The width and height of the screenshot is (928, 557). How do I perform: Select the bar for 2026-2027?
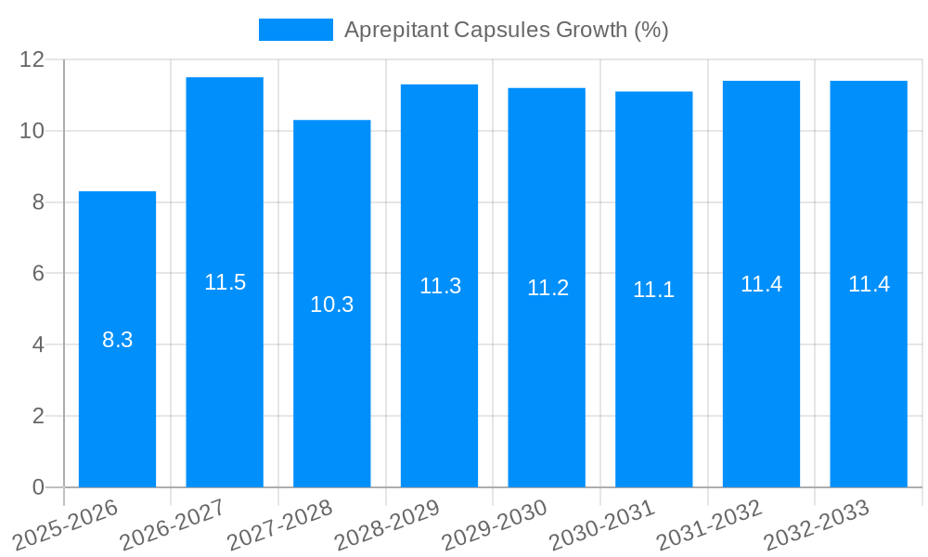click(x=225, y=371)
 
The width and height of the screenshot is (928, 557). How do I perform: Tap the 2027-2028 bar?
click(x=332, y=390)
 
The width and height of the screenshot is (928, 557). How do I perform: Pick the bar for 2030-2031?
click(x=654, y=371)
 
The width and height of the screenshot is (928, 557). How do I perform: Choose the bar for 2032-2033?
click(x=869, y=371)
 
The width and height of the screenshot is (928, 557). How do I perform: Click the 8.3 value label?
click(x=118, y=340)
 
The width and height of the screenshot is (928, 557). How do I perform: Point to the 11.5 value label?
click(x=225, y=282)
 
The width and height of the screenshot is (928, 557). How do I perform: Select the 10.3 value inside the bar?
click(x=332, y=304)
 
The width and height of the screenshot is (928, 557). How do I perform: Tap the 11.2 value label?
click(x=548, y=288)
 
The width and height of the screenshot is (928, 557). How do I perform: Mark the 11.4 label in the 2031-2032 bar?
click(x=761, y=284)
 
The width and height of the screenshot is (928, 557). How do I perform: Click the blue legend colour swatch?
click(x=295, y=30)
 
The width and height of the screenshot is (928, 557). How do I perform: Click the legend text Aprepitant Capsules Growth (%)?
click(x=506, y=30)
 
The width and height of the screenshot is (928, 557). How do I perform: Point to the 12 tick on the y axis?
click(x=32, y=59)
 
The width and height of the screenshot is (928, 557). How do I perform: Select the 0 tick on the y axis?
click(x=38, y=487)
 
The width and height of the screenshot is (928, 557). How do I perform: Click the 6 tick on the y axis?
click(x=38, y=274)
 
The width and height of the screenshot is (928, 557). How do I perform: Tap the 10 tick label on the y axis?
click(x=32, y=131)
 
